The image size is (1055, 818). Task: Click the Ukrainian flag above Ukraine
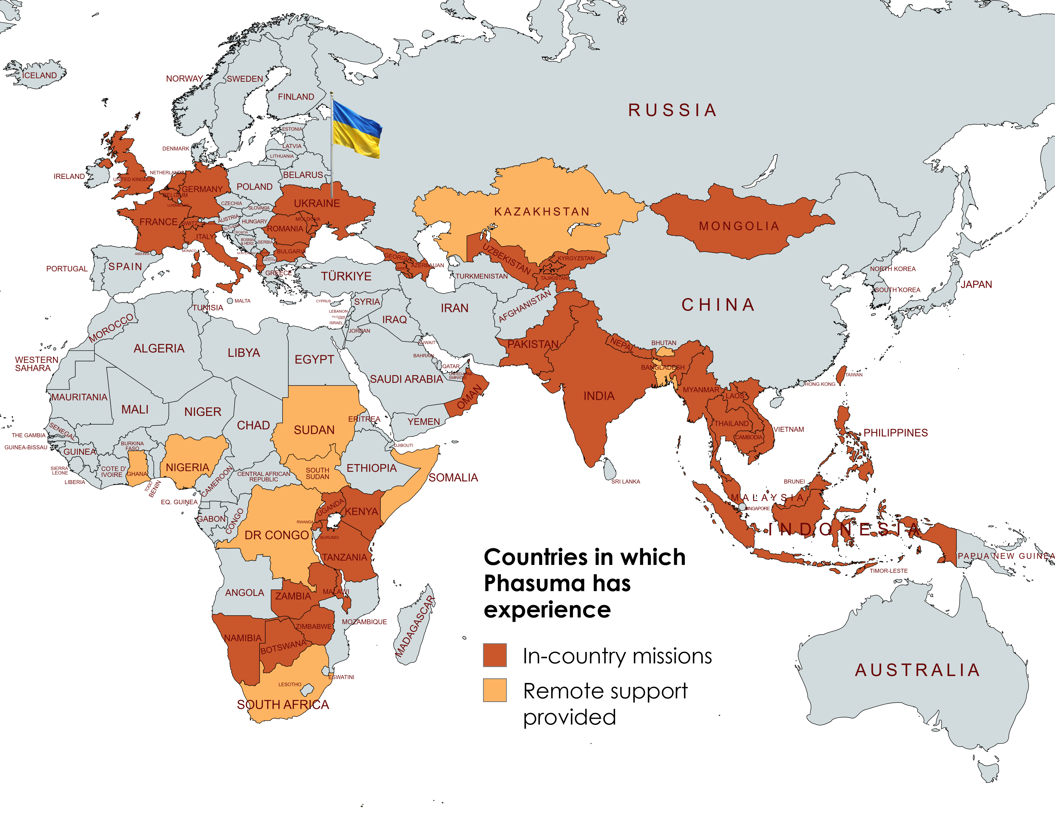pos(356,129)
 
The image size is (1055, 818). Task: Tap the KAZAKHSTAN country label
pos(542,212)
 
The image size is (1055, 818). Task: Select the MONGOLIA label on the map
pos(739,226)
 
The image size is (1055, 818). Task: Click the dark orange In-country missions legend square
pos(495,655)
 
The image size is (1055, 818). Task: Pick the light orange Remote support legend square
pos(495,690)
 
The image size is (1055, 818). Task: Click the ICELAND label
pos(39,75)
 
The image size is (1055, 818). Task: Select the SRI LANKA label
pos(625,482)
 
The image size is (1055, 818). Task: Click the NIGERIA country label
pos(187,468)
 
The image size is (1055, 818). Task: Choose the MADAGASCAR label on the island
pos(415,627)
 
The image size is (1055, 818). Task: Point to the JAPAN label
pos(976,285)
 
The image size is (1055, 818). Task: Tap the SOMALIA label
pos(453,478)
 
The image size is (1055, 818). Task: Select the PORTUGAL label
pos(67,268)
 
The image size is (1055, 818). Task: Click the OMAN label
pos(469,397)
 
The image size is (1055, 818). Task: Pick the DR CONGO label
pos(276,535)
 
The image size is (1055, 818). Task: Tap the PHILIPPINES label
pos(895,433)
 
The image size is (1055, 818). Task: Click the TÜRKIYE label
pos(346,277)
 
